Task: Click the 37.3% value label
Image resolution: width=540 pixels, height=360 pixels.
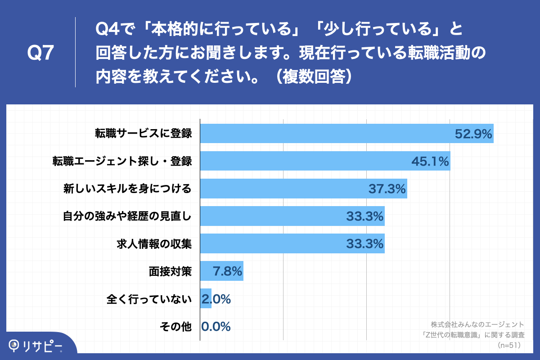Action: [387, 189]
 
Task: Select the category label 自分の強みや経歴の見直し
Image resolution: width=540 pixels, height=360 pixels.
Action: [127, 216]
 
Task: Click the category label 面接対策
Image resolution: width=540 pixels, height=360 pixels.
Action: [171, 271]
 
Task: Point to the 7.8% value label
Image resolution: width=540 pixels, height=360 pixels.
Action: [228, 271]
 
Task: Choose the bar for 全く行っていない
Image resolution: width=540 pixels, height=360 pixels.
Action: [206, 298]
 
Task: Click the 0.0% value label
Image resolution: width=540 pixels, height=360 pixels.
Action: [216, 326]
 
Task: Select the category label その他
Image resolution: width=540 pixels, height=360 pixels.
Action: [176, 326]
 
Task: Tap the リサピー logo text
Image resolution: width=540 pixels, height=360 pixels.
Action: [43, 345]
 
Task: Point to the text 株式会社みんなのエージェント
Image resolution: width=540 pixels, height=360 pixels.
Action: [477, 324]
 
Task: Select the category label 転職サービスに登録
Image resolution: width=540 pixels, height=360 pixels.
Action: [143, 134]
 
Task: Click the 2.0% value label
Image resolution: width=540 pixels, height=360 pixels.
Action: [217, 299]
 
